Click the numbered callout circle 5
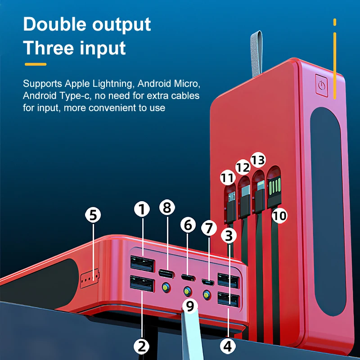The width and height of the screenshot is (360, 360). pos(93,215)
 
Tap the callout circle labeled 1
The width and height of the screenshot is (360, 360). pos(142,209)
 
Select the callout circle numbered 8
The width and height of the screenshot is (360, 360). pos(166,207)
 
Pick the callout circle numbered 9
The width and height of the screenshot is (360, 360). pos(189,306)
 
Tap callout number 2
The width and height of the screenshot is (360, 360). pos(142,346)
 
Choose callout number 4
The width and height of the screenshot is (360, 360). pos(228,346)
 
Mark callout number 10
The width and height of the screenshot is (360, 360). pos(279,216)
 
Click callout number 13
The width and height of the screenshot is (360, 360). pos(258,160)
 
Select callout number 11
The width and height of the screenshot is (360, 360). pos(228,178)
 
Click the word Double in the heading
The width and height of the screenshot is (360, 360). pos(54,24)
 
